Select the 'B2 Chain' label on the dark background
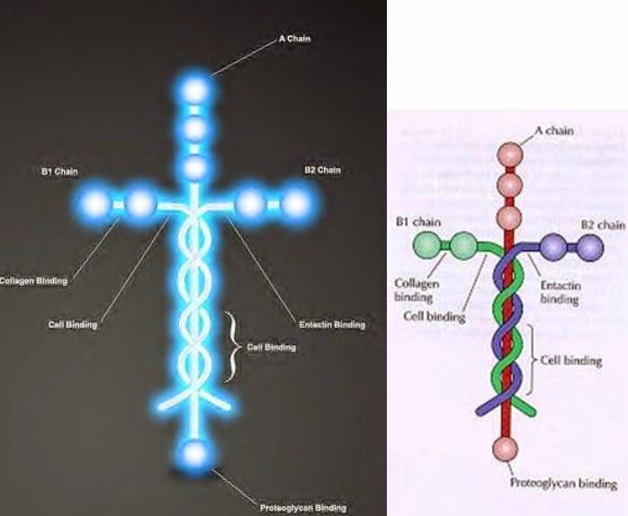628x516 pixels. (x=321, y=170)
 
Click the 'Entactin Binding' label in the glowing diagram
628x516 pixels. (x=336, y=324)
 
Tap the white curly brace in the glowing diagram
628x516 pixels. (x=233, y=344)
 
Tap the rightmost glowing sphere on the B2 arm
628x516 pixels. (x=294, y=204)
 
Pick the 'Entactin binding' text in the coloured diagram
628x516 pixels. (x=560, y=292)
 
